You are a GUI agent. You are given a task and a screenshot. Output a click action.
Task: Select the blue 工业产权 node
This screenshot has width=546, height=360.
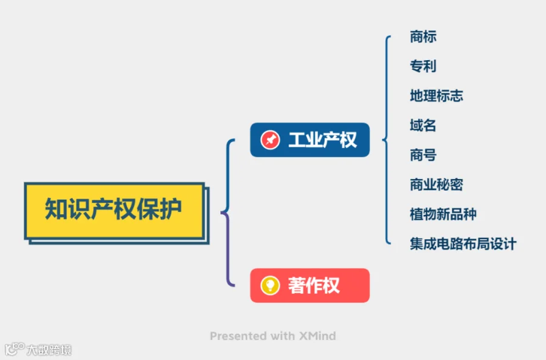tap(309, 140)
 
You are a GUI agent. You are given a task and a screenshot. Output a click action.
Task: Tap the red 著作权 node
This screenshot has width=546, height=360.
tap(309, 285)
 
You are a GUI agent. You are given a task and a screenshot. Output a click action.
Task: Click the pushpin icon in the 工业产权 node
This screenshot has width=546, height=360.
tap(270, 140)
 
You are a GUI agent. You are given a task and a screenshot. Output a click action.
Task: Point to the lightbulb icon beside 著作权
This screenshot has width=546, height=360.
tap(270, 285)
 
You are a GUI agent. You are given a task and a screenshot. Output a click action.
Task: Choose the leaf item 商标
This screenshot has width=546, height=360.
tap(423, 37)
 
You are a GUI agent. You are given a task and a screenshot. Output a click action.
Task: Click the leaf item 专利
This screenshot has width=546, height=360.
tap(423, 66)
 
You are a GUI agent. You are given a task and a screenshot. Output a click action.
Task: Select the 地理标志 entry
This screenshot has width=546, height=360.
tap(436, 96)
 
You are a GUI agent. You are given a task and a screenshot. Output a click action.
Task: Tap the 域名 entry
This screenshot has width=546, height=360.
tap(423, 126)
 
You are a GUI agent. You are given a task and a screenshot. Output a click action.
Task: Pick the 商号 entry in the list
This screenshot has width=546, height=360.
tap(423, 155)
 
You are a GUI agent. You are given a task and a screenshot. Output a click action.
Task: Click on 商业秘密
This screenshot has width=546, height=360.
tap(436, 185)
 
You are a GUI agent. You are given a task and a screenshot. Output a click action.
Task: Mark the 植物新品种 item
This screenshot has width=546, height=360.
tap(443, 214)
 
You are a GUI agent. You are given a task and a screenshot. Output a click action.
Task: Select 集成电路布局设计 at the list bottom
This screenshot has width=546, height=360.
tap(463, 244)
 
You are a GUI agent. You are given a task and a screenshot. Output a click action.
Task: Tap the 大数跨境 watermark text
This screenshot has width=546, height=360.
tap(49, 350)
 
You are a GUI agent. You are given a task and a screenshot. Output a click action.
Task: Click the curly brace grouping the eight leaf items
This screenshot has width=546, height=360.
tap(386, 140)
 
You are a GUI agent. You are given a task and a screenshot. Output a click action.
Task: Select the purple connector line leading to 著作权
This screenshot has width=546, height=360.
tap(229, 255)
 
